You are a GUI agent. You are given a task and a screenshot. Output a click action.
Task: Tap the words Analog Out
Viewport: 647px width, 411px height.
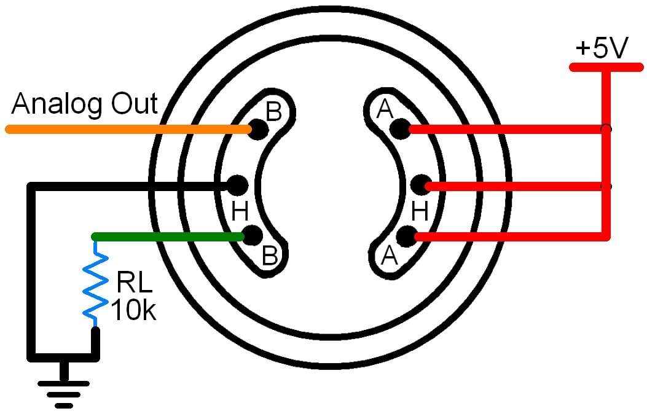click(x=85, y=104)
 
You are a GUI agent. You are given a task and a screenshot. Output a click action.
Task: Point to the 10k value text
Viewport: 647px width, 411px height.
click(x=133, y=310)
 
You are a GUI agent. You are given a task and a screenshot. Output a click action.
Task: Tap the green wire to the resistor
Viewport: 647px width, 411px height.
click(x=166, y=237)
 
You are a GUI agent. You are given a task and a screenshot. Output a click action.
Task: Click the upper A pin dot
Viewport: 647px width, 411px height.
click(x=400, y=129)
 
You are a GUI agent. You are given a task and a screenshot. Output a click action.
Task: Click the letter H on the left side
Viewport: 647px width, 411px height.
click(x=240, y=212)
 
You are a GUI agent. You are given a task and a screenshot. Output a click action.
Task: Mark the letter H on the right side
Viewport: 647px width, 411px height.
click(x=420, y=212)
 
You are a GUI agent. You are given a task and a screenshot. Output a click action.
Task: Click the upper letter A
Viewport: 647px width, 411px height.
click(x=385, y=110)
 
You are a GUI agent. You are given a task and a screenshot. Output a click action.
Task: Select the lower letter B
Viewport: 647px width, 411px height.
click(x=270, y=255)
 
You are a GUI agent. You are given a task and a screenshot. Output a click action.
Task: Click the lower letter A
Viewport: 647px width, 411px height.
click(x=389, y=254)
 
